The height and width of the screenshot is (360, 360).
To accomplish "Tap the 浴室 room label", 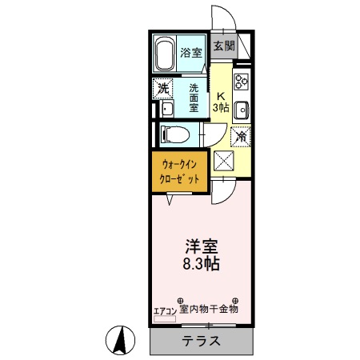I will (190, 53).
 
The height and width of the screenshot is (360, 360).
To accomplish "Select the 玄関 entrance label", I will (224, 46).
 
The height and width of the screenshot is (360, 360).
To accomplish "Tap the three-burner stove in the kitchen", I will (242, 80).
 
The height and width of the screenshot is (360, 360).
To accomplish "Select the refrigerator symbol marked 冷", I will (239, 135).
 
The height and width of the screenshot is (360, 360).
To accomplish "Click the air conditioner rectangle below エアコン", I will (165, 317).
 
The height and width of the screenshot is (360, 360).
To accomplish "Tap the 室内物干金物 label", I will (209, 307).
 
